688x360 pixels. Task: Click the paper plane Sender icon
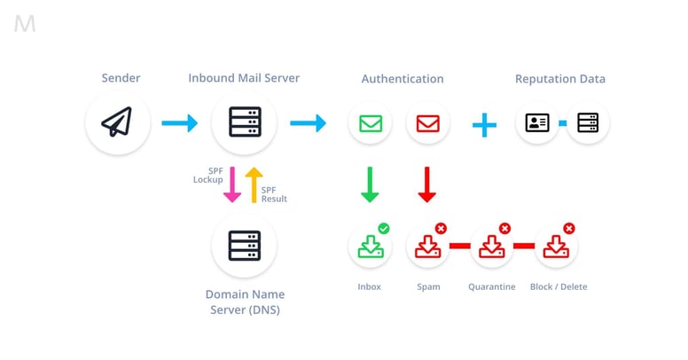click(116, 122)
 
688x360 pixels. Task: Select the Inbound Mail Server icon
click(244, 122)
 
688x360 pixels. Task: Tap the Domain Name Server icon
click(244, 245)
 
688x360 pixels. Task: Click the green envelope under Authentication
click(371, 122)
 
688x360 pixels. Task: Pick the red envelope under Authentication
click(427, 122)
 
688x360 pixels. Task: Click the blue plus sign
click(484, 123)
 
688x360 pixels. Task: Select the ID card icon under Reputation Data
click(537, 122)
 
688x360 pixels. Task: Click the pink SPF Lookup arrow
click(231, 184)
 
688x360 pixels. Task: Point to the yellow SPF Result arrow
click(253, 184)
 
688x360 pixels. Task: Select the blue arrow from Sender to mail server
click(180, 123)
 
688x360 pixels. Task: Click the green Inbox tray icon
click(371, 247)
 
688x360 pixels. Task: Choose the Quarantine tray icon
click(491, 247)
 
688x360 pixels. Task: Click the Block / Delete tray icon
click(556, 247)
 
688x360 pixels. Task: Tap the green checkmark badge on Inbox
click(384, 229)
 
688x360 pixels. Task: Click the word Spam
click(428, 286)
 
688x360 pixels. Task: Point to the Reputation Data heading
click(560, 79)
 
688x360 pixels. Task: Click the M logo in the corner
click(25, 24)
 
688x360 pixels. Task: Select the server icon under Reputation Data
click(588, 122)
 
